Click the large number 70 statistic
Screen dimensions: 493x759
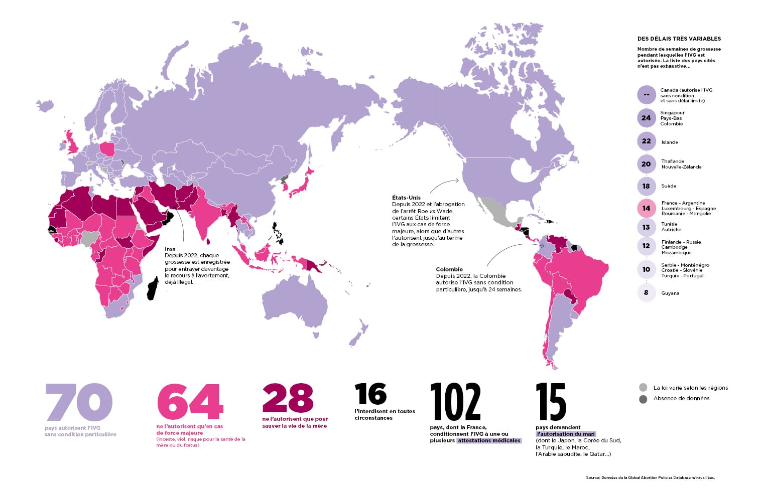click(79, 402)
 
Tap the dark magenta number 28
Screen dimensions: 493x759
click(288, 398)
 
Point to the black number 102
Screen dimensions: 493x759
click(455, 402)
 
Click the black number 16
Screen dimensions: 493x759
click(370, 394)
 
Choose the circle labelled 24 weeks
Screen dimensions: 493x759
click(646, 118)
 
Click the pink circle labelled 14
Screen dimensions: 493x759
click(646, 208)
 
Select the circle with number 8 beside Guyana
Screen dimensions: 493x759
click(646, 292)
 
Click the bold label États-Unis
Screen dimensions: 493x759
click(406, 198)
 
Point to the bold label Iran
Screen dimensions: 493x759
click(170, 249)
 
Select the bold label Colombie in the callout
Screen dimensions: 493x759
click(449, 269)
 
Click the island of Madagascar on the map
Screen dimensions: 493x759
click(153, 284)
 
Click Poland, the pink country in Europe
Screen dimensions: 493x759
click(107, 149)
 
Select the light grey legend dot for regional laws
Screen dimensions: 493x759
click(643, 388)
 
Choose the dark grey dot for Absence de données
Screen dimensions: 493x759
click(643, 399)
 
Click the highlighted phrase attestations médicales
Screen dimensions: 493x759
click(489, 441)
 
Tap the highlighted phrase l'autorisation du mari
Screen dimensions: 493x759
click(566, 434)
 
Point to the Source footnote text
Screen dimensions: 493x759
click(650, 477)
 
